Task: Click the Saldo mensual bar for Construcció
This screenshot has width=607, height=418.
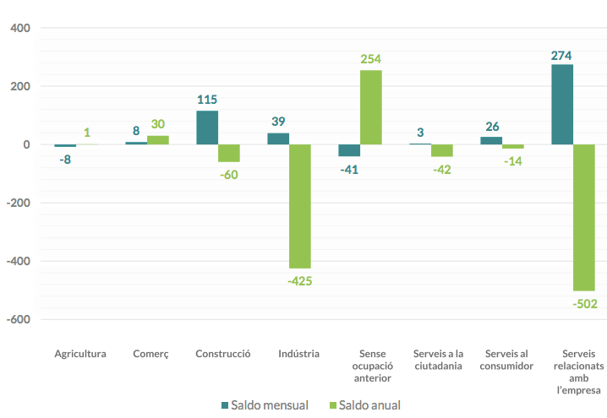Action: pos(207,128)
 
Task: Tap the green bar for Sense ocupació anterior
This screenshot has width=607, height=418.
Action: pos(371,107)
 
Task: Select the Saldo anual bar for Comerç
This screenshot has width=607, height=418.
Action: pos(158,139)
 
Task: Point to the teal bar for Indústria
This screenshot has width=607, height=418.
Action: pos(278,138)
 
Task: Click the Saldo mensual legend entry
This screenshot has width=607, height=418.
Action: pos(264,405)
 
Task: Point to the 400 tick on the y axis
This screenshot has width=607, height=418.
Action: pos(20,28)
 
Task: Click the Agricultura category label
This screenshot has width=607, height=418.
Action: pos(80,354)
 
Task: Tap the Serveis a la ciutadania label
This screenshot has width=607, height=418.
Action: pos(438,360)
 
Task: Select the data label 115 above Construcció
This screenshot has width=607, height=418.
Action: pos(207,99)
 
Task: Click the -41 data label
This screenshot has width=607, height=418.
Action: pos(350,169)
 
